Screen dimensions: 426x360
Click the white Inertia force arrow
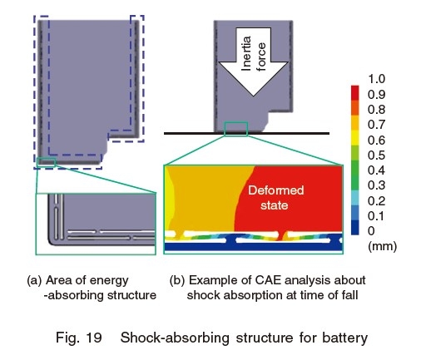coord(253,62)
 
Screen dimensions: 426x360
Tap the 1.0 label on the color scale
coord(376,79)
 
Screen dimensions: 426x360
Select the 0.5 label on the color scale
coord(376,155)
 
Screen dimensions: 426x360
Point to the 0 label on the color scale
coord(371,231)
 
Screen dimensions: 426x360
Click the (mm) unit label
coord(382,246)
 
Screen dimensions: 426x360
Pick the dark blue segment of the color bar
coord(354,228)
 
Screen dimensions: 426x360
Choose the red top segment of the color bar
coord(354,93)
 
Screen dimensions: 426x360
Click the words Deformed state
coord(275,198)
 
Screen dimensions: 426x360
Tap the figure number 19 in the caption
coord(94,338)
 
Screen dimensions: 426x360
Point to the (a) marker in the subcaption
coord(34,280)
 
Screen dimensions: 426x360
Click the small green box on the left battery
coord(47,161)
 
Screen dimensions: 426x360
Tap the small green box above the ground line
coord(236,129)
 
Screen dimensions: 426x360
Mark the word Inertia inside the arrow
coord(246,53)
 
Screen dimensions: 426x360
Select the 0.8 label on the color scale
coord(376,110)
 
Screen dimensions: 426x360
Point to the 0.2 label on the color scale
coord(376,200)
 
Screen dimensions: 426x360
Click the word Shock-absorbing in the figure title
coord(175,338)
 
